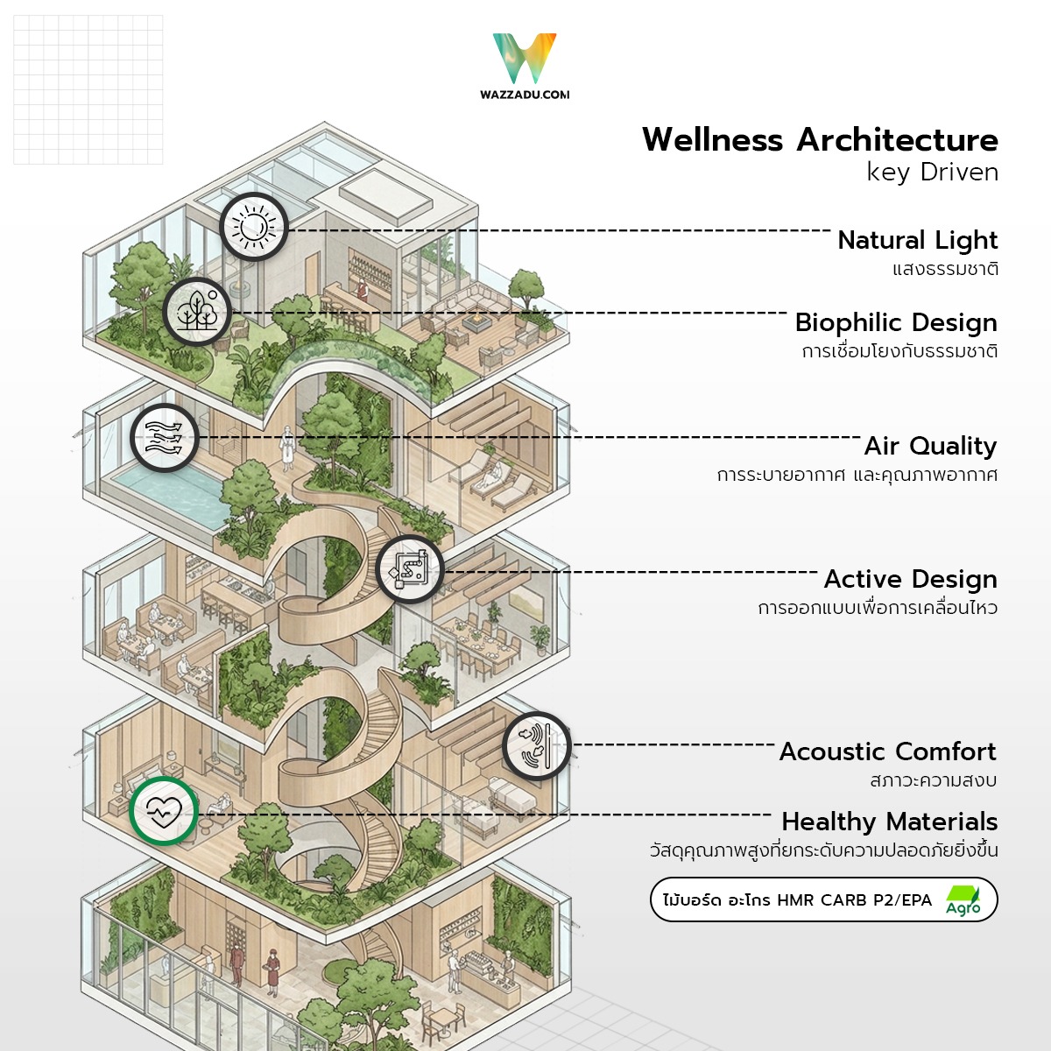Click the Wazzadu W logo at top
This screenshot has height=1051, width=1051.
[525, 59]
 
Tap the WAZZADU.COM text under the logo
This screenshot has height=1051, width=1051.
[525, 95]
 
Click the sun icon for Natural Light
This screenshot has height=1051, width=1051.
[253, 227]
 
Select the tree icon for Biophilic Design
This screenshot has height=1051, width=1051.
[197, 311]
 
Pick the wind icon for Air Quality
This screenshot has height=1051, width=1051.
[164, 437]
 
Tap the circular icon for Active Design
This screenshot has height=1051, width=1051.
[410, 570]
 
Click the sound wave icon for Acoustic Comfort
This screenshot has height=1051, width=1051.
[537, 747]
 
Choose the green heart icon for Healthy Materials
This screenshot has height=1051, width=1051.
[164, 811]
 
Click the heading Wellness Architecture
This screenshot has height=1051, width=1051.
[820, 140]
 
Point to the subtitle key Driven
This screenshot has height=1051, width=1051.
[932, 173]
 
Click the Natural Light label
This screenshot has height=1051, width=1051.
[918, 240]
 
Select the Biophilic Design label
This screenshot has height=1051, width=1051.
[896, 322]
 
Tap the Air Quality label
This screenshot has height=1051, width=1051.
[930, 446]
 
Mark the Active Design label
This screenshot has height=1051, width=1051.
[910, 579]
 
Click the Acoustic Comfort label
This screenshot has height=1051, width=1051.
[887, 751]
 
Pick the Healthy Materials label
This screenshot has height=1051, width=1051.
[889, 822]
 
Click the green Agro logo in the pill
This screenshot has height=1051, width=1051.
[963, 900]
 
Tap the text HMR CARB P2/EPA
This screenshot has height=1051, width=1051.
[854, 900]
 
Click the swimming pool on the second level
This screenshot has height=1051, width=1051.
[166, 495]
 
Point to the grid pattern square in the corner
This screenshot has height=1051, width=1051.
[88, 89]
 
